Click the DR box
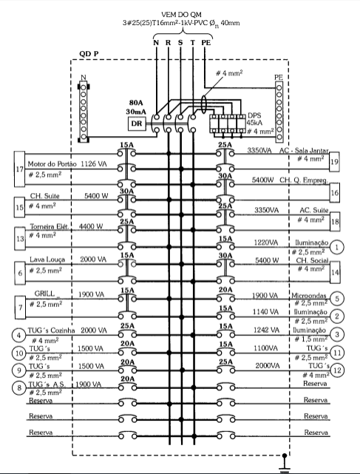click(137, 123)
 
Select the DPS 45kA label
click(255, 119)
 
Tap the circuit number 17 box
click(20, 169)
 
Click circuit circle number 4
click(19, 335)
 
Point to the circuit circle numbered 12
click(337, 370)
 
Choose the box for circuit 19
click(334, 162)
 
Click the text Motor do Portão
click(52, 164)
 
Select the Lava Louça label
click(47, 260)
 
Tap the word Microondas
click(309, 295)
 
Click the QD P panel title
click(89, 54)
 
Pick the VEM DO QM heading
click(181, 15)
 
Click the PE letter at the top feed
click(206, 43)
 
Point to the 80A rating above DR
click(136, 103)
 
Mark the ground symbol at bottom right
click(284, 464)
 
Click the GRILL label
click(44, 294)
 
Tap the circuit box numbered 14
click(335, 272)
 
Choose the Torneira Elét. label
click(50, 226)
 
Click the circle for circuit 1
click(336, 247)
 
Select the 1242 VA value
click(266, 330)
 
